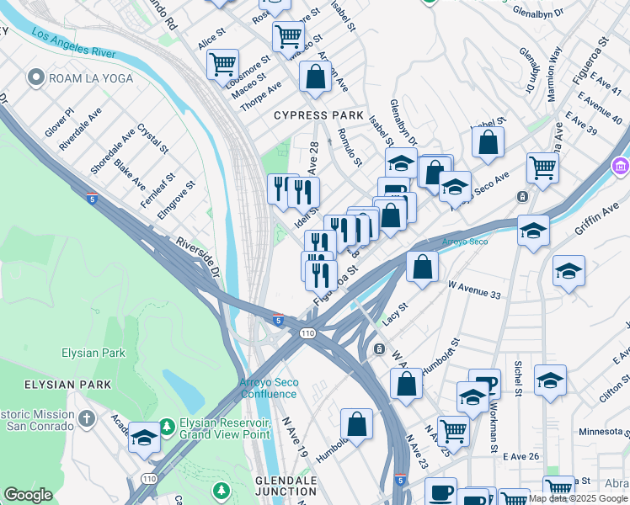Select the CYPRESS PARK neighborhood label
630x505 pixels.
(318, 115)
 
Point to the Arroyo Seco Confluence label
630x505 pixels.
(269, 388)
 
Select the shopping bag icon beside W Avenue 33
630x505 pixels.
(422, 266)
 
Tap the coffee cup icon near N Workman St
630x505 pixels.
(484, 384)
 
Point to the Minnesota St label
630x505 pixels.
(590, 432)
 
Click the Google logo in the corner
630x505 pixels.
(28, 495)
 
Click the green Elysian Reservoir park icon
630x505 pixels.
(168, 428)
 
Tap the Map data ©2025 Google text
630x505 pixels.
(578, 498)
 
